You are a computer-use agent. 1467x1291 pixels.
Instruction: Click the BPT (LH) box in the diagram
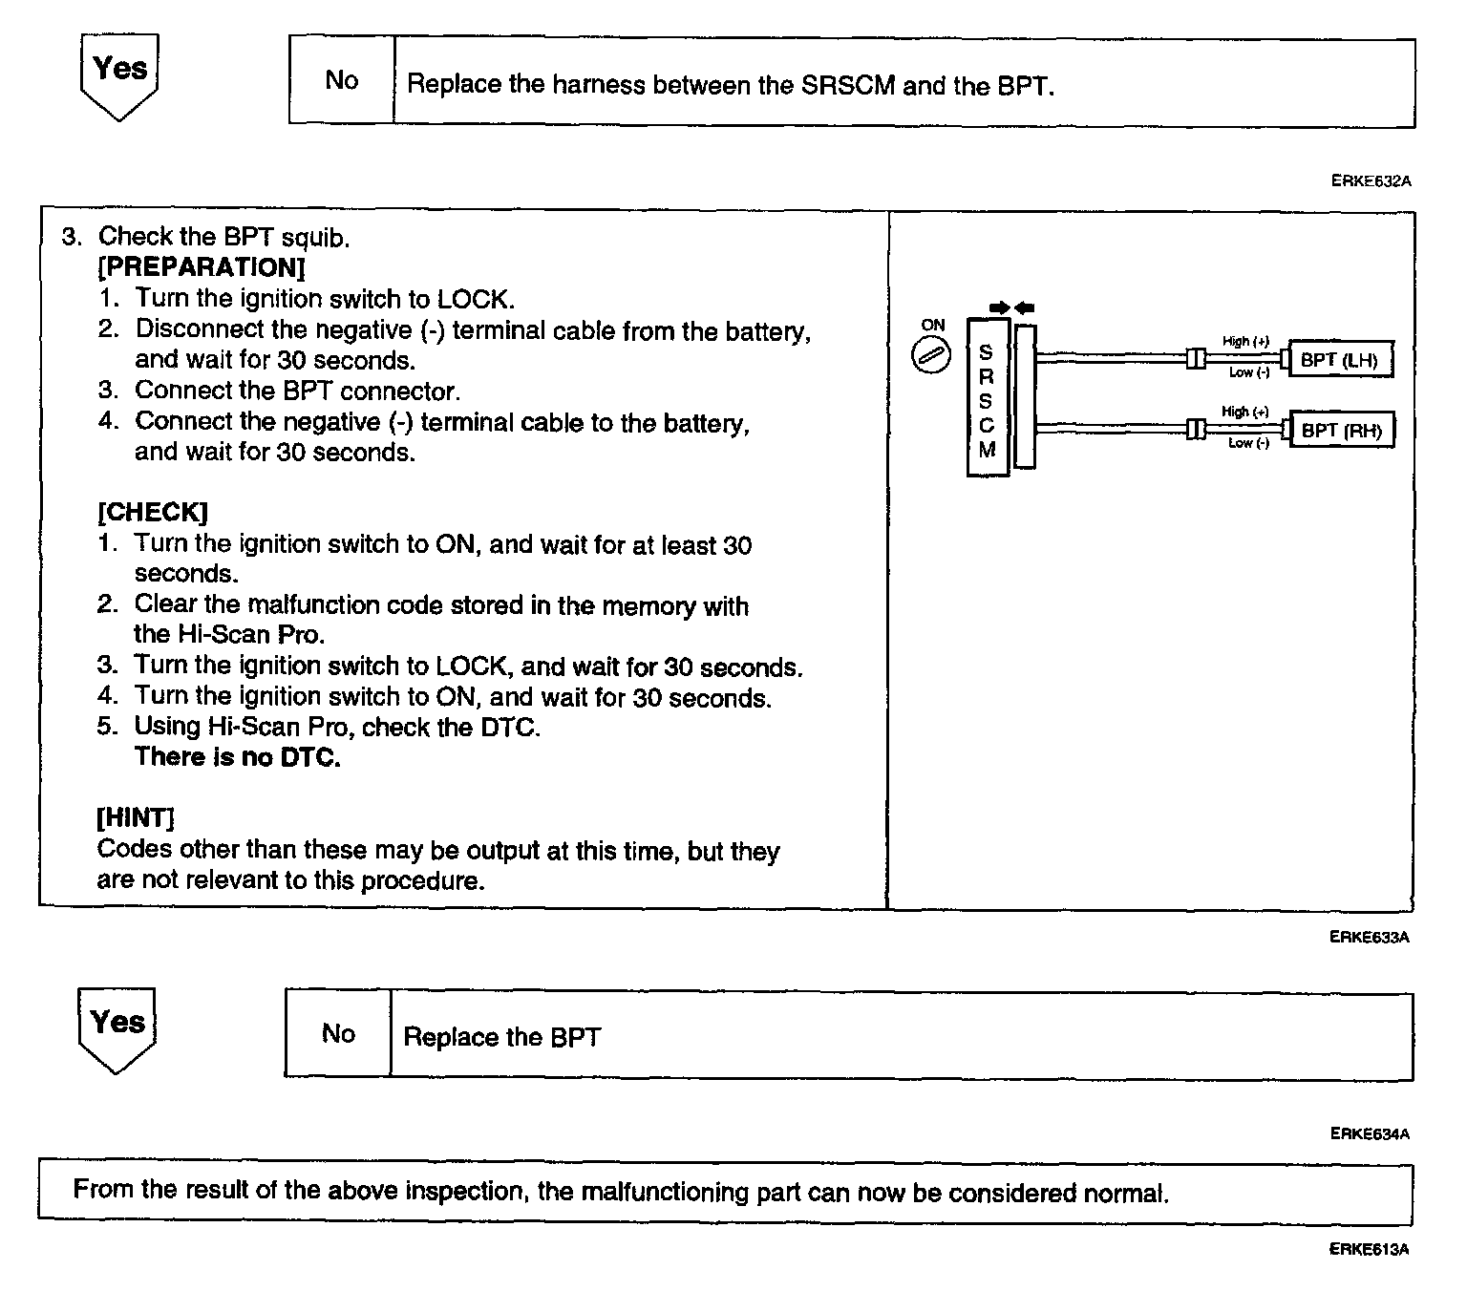[1339, 360]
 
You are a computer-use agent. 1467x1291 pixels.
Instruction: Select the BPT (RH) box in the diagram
[1341, 430]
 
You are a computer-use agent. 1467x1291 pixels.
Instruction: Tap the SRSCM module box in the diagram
[987, 398]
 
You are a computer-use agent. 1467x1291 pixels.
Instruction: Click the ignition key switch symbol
[931, 357]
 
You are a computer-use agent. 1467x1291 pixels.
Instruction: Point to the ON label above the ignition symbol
[932, 325]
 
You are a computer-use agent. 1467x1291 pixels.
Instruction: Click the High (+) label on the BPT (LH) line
[1245, 341]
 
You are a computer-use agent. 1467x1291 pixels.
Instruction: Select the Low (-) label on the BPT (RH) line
[1248, 443]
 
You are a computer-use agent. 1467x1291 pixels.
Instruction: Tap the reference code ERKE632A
[1371, 180]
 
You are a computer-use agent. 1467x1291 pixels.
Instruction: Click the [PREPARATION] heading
[201, 267]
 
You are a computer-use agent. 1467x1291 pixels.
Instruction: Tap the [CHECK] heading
[152, 513]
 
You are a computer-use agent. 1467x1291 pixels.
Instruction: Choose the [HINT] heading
[136, 818]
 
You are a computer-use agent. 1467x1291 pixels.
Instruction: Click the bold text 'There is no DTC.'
[237, 757]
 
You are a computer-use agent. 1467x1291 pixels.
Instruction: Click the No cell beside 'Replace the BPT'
[338, 1034]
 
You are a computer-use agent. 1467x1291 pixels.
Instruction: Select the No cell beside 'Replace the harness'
[341, 81]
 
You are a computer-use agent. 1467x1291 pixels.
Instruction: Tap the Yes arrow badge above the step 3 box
[119, 74]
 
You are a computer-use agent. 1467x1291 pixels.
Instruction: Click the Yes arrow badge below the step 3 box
[117, 1027]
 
